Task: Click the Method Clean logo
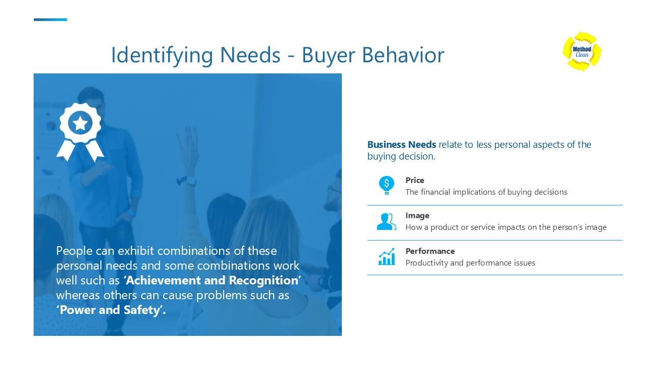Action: [582, 51]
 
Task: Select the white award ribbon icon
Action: [80, 130]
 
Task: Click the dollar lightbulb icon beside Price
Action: [386, 185]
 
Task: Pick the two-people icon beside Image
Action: [386, 221]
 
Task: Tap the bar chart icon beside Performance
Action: [386, 256]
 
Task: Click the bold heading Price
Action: [415, 180]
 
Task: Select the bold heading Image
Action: [417, 216]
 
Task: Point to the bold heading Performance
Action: [430, 251]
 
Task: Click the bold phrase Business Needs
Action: [401, 144]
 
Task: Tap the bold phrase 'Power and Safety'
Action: [111, 310]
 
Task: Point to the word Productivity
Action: [427, 263]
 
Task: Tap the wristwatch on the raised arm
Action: [187, 180]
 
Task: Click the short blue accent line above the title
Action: [50, 20]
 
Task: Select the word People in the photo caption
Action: [74, 251]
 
